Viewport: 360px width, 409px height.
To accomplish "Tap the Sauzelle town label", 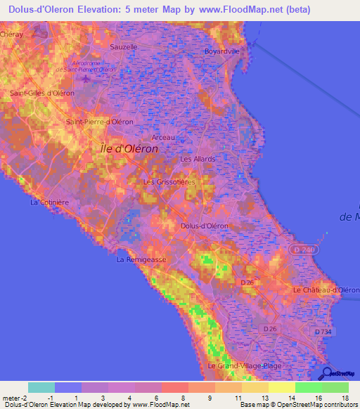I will pyautogui.click(x=122, y=46).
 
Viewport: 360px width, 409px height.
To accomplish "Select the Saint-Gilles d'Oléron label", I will pyautogui.click(x=42, y=93).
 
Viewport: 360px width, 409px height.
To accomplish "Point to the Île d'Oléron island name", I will pyautogui.click(x=126, y=148).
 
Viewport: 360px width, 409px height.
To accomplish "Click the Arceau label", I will pyautogui.click(x=163, y=137).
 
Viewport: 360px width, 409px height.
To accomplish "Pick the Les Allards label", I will pyautogui.click(x=198, y=159).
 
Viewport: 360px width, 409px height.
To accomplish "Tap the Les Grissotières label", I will pyautogui.click(x=169, y=181).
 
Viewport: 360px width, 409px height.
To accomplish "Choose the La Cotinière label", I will pyautogui.click(x=49, y=202).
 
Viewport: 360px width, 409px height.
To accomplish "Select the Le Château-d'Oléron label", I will pyautogui.click(x=326, y=290).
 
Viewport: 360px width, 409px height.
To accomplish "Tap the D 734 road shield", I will pyautogui.click(x=323, y=332).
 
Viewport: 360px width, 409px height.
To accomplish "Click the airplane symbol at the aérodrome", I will pyautogui.click(x=86, y=77).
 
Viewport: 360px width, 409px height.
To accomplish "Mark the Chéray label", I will pyautogui.click(x=12, y=33).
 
